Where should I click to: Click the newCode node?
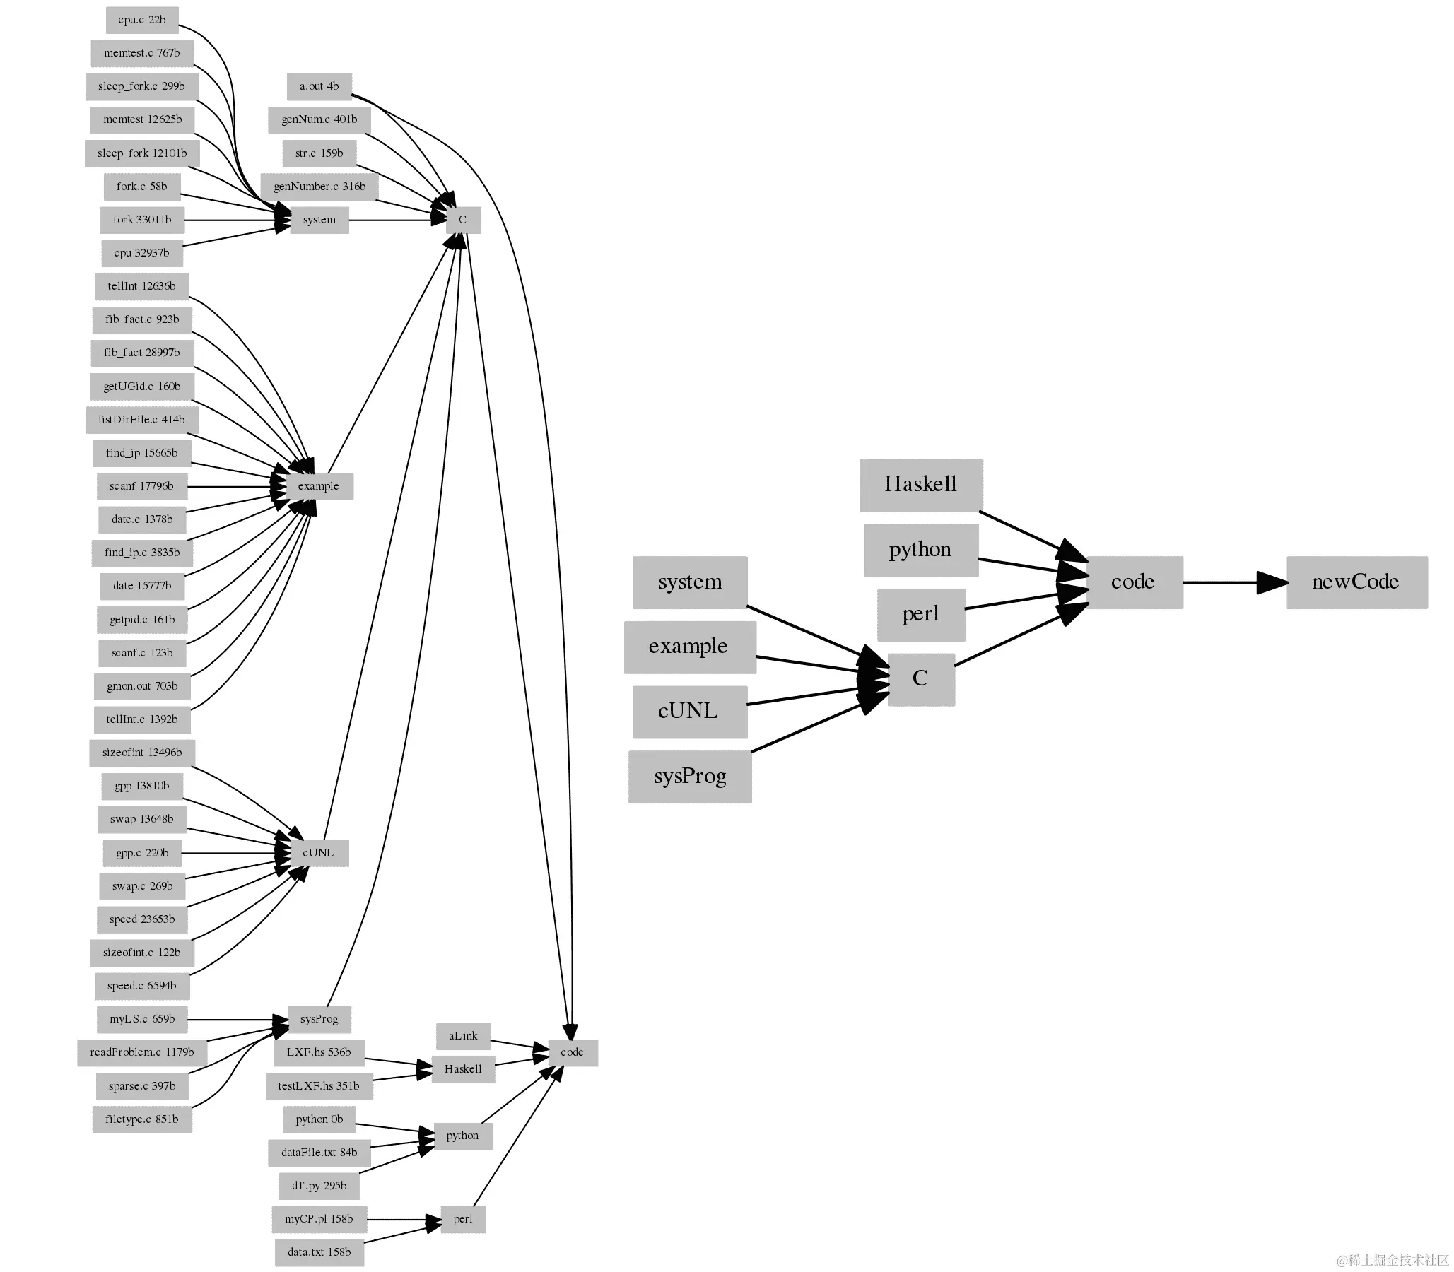(x=1356, y=582)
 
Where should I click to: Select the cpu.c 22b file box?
(x=142, y=20)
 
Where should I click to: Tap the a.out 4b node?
(x=319, y=87)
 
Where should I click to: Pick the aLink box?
(x=463, y=1036)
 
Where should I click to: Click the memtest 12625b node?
(x=142, y=119)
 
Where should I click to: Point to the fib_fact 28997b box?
(x=142, y=353)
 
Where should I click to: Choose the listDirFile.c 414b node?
(x=141, y=420)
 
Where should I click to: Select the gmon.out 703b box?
(x=142, y=686)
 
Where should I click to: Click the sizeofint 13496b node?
(x=142, y=753)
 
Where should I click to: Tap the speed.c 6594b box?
(x=142, y=986)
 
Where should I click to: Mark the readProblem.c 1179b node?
(x=142, y=1052)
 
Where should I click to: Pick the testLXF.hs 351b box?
(x=319, y=1086)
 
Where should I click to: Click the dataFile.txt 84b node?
(x=319, y=1153)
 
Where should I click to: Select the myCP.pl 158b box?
(x=319, y=1219)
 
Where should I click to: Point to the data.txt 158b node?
(x=319, y=1252)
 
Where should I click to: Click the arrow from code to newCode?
(x=1221, y=582)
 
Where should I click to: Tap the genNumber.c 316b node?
(x=319, y=187)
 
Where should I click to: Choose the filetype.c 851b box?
(x=142, y=1119)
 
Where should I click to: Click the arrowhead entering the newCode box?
(x=1272, y=582)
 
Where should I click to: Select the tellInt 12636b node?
(x=142, y=286)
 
